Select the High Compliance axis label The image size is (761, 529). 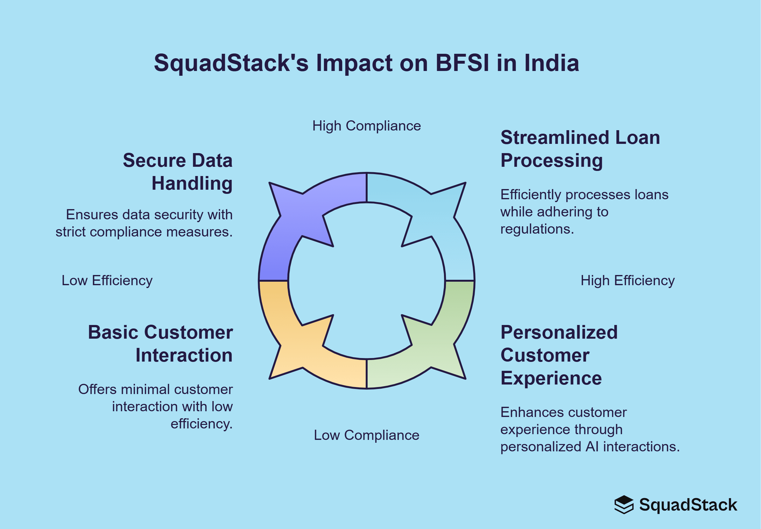click(x=367, y=126)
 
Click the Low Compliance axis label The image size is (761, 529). click(x=367, y=435)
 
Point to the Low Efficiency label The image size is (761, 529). click(x=107, y=281)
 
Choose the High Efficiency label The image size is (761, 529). click(x=627, y=281)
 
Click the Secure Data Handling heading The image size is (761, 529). click(x=178, y=172)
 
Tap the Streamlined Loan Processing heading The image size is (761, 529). click(x=580, y=149)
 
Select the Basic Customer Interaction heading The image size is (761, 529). click(x=161, y=344)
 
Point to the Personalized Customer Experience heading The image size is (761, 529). click(x=559, y=355)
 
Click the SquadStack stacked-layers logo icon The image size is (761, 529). click(x=624, y=505)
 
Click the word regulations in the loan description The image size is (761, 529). click(x=537, y=229)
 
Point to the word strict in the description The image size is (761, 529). click(x=71, y=232)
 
